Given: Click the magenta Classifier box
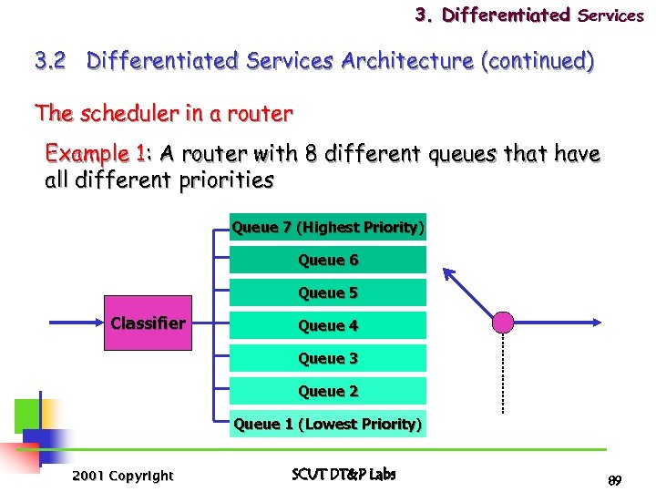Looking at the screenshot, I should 149,323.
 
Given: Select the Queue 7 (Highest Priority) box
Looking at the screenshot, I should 327,227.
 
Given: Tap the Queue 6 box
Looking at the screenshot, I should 327,260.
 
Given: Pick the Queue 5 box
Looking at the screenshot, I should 327,292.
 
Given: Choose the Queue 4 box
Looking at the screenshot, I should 327,325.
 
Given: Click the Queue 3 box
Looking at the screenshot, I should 327,358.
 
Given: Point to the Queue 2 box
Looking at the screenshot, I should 327,391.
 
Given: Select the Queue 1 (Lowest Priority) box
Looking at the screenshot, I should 327,424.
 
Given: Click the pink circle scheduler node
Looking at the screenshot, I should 503,323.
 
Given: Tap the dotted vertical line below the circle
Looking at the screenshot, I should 503,374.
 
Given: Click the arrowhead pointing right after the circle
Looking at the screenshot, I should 593,323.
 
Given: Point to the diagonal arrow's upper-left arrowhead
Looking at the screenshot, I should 447,272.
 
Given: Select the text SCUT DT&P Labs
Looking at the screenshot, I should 343,475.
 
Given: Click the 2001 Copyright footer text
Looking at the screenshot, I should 122,476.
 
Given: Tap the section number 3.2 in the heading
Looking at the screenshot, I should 50,61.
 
